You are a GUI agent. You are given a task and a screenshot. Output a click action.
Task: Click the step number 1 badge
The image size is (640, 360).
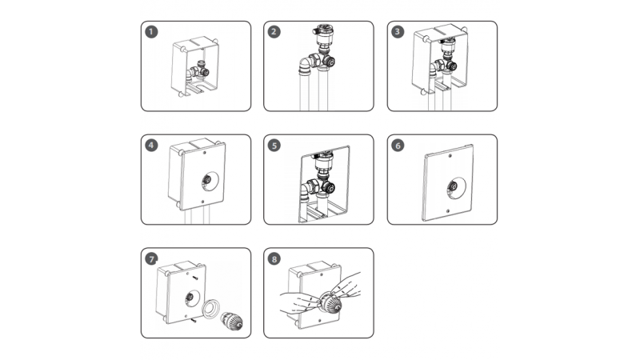pos(151,32)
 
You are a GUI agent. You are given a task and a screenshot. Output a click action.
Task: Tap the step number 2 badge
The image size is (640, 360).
pos(274,32)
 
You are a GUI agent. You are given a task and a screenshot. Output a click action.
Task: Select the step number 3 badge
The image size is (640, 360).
pos(398,32)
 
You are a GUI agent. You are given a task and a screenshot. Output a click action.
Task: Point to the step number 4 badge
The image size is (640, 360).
pos(151,146)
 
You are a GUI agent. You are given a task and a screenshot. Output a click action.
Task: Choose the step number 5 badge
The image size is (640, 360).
pos(274,146)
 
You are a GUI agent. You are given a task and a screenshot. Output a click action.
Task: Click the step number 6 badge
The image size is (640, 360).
pos(398,146)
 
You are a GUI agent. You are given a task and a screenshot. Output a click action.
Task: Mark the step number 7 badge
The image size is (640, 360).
pos(151,258)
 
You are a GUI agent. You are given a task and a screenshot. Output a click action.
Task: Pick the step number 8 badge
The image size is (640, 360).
pos(274,258)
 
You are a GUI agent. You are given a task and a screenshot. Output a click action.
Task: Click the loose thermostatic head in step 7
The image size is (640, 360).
pos(232,321)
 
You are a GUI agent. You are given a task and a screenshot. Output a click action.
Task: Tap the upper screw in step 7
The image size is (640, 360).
pos(195,278)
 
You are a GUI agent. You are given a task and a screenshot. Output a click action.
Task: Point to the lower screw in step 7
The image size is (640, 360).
pos(194,321)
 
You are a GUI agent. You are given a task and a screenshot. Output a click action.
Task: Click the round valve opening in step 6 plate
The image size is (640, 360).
pos(456,188)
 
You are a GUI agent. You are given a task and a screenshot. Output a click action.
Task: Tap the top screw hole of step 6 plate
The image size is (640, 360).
pos(450,155)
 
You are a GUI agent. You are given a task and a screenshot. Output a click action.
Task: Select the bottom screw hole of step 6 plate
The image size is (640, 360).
pos(448,211)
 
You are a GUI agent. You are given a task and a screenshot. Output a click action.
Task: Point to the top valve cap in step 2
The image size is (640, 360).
pos(323,30)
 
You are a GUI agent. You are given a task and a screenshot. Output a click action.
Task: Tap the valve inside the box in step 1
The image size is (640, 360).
pos(198,70)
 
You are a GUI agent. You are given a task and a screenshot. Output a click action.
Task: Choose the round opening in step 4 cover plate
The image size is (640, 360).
pos(210,182)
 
